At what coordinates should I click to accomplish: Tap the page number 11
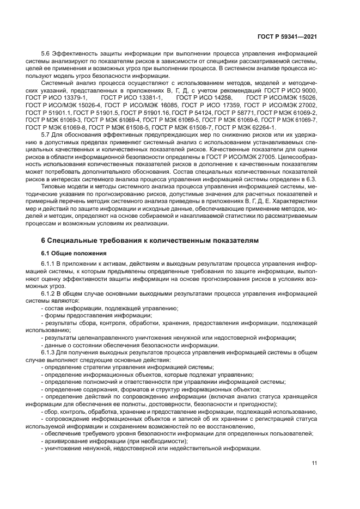click(x=314, y=463)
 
